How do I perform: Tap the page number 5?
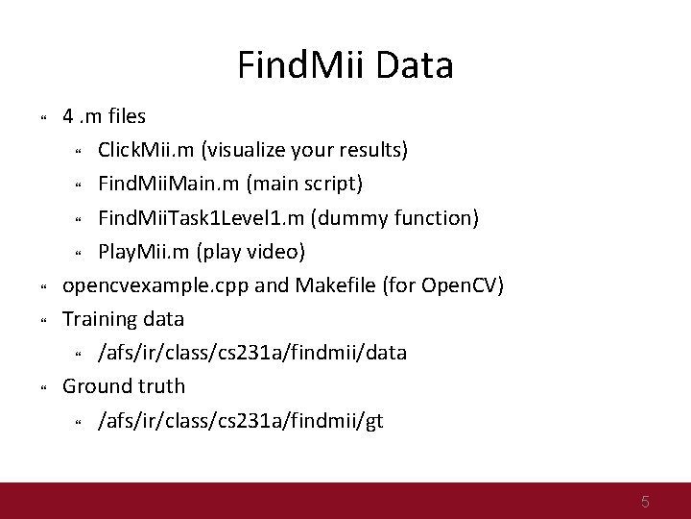646,501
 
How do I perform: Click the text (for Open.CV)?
446,285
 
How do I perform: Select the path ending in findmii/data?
252,353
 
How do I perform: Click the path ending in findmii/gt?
241,420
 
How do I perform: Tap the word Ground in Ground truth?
96,386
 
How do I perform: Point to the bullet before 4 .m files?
43,118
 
